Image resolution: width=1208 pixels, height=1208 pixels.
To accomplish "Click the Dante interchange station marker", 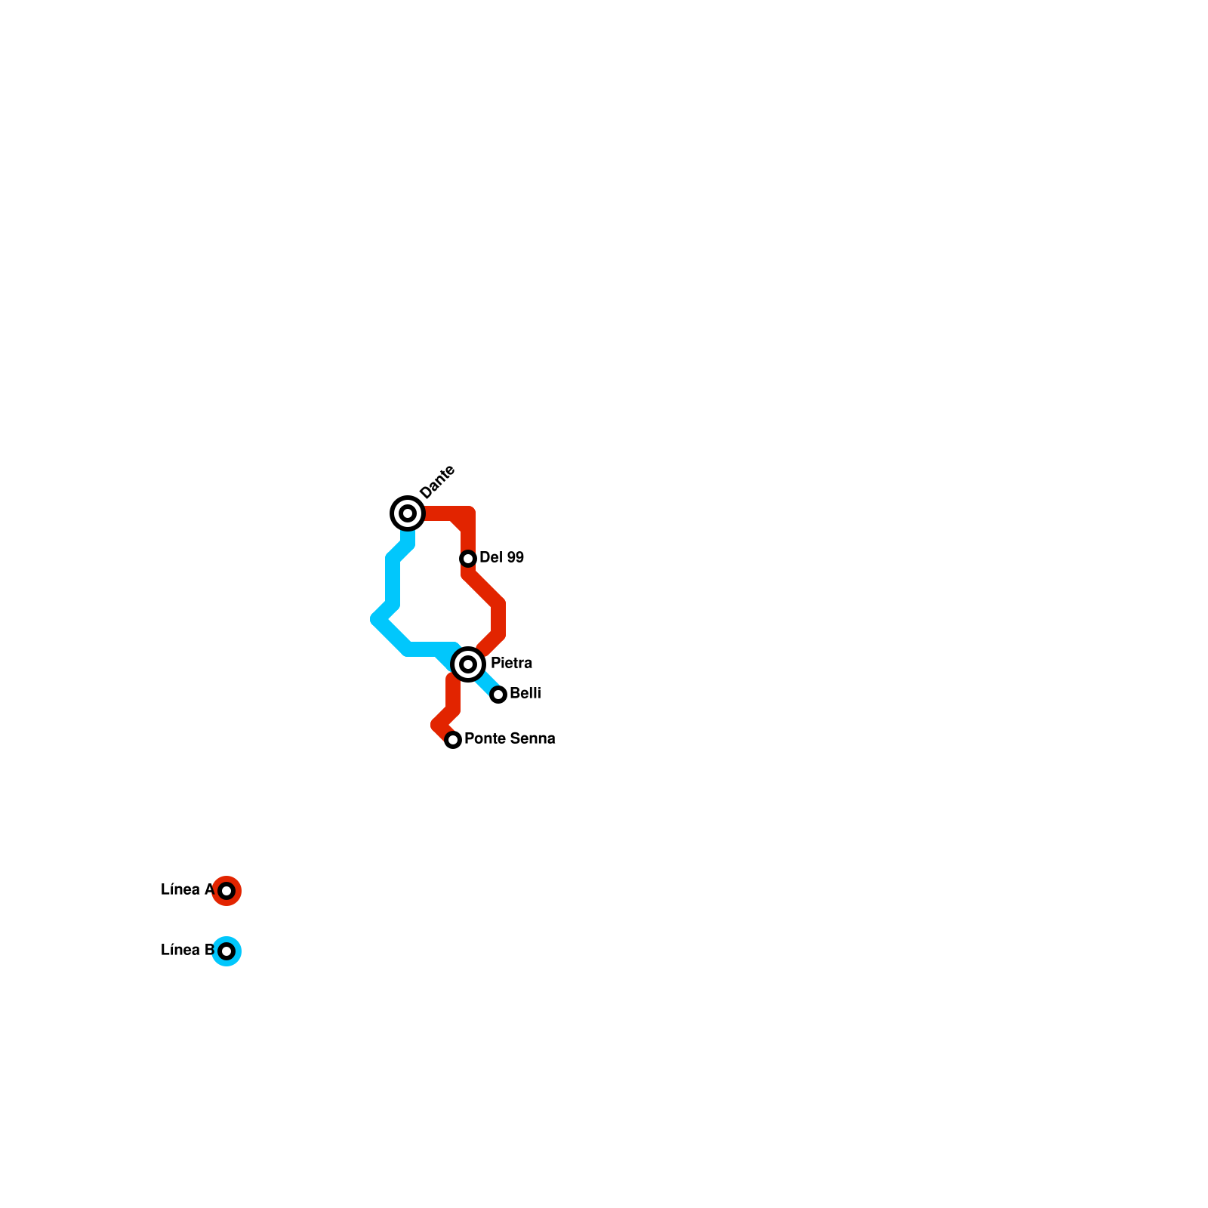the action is click(408, 513).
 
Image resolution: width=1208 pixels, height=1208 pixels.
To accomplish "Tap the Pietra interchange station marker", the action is click(468, 664).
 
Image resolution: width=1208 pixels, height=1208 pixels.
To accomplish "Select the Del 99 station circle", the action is click(468, 559).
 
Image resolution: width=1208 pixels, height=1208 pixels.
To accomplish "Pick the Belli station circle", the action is click(498, 695).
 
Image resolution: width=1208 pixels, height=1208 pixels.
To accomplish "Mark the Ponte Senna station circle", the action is click(453, 740).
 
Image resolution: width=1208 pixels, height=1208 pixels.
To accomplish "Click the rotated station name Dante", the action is click(437, 482).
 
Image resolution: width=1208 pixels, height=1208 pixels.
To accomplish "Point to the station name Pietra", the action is click(511, 664).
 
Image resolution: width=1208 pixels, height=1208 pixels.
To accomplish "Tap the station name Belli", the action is click(525, 694).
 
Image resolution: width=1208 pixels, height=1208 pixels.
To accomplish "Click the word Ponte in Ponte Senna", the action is click(483, 739).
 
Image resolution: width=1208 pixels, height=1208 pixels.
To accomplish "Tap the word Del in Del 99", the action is click(490, 558).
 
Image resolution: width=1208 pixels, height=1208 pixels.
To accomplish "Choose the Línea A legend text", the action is click(187, 890).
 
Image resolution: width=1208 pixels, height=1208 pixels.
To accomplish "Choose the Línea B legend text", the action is click(187, 951).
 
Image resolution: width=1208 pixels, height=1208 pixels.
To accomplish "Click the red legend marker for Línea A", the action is click(226, 891).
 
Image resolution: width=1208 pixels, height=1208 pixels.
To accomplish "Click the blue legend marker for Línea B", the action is click(226, 951).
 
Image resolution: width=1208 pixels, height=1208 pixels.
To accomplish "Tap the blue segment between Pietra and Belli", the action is click(485, 681).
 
